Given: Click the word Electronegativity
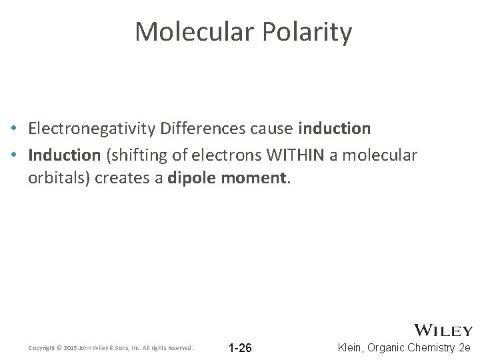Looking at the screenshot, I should pos(92,128).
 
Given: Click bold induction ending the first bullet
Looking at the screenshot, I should pos(334,128).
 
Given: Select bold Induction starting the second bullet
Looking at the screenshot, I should pos(64,155).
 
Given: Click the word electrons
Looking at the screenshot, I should pos(227,155).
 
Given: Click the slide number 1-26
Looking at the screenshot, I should pos(240,347).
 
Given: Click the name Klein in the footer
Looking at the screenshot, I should pos(351,347).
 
